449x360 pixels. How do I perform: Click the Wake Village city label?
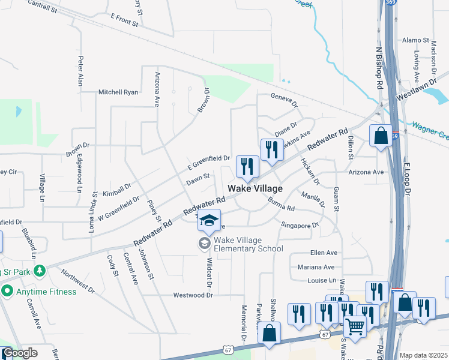click(x=255, y=188)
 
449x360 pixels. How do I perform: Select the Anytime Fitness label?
click(x=46, y=292)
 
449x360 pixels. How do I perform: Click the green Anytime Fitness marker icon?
click(x=7, y=292)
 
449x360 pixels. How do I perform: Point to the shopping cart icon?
click(x=355, y=326)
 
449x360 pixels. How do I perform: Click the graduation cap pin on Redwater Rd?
click(x=209, y=221)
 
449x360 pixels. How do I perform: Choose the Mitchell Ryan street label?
click(x=118, y=92)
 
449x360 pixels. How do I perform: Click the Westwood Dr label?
click(x=193, y=295)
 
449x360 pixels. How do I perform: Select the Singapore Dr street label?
click(x=300, y=224)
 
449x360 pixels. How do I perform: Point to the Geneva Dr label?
click(x=284, y=99)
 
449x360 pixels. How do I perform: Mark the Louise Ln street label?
click(x=322, y=280)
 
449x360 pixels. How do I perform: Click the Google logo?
click(x=20, y=353)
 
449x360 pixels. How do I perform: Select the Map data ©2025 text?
click(x=424, y=355)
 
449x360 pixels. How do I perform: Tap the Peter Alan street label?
click(x=80, y=71)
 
